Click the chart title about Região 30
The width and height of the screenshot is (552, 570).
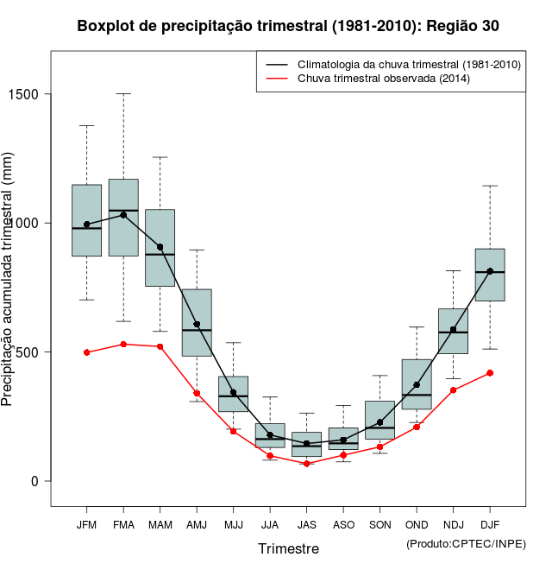coord(287,27)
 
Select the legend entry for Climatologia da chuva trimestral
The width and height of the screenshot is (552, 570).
coord(408,65)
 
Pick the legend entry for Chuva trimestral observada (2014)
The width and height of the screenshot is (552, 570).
coord(383,79)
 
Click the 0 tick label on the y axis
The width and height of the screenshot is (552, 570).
coord(35,481)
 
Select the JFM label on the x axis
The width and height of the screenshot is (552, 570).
coord(86,525)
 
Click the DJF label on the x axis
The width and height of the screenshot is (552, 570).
coord(490,525)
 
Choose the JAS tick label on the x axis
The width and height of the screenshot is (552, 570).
coord(306,525)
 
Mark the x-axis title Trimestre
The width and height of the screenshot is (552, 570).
coord(288,548)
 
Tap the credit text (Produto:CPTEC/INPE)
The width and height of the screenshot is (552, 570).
coord(466,543)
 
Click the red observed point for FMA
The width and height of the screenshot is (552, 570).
coord(123,344)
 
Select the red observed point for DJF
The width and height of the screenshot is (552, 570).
coord(490,373)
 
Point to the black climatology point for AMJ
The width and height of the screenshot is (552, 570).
coord(197,325)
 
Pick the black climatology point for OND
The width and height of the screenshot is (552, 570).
coord(417,385)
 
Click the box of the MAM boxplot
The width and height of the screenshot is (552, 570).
coord(160,248)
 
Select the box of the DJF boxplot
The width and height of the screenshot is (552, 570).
coord(490,275)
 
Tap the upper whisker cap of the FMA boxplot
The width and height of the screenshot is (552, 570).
coord(123,93)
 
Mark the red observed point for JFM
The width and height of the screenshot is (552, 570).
coord(86,352)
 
